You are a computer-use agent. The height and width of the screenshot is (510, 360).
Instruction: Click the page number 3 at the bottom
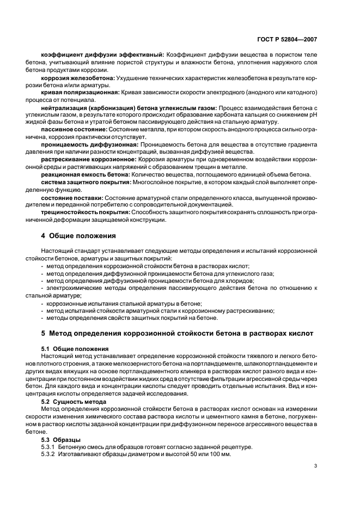pos(316,465)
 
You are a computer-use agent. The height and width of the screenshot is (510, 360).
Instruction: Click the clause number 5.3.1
pos(50,446)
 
